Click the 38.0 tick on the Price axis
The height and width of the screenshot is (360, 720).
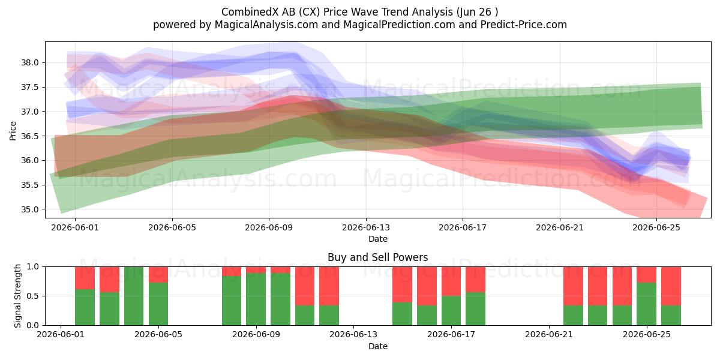tap(29, 62)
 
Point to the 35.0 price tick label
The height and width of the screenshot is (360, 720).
tap(29, 209)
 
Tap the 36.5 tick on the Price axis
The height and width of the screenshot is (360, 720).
tap(29, 136)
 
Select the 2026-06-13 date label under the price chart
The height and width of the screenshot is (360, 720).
tap(366, 227)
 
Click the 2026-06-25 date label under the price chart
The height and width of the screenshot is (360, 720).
tap(656, 227)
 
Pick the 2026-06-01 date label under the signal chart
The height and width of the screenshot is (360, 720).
tap(61, 335)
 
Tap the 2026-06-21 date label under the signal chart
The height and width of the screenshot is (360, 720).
tap(549, 335)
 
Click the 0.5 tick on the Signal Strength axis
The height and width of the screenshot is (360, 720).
tap(33, 296)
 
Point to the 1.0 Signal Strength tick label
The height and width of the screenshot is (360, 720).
tap(33, 267)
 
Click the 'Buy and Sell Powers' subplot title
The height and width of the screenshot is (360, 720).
tap(377, 257)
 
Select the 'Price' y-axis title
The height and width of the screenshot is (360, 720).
tap(13, 131)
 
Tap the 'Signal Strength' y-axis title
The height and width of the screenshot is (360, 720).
tap(17, 296)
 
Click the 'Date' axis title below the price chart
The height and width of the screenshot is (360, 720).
tap(377, 239)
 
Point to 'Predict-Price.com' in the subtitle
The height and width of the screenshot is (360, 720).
tap(524, 25)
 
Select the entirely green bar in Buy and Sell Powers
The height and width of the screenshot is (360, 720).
tap(134, 296)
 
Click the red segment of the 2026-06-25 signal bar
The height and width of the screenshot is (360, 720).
tap(646, 275)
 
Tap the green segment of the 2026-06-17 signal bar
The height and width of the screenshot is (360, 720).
tap(451, 311)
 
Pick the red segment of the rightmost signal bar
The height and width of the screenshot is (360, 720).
tap(671, 286)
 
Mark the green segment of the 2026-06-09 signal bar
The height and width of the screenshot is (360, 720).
tap(256, 299)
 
